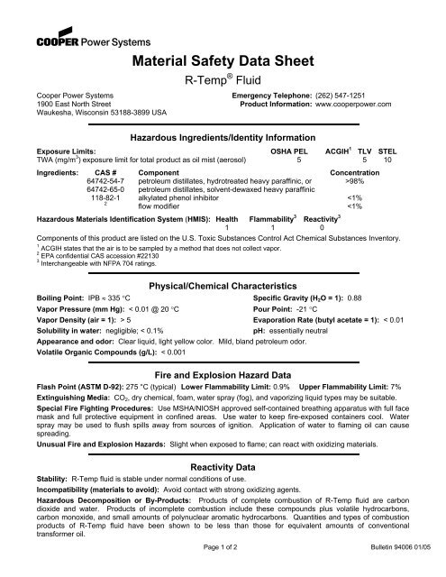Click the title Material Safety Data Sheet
222,62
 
